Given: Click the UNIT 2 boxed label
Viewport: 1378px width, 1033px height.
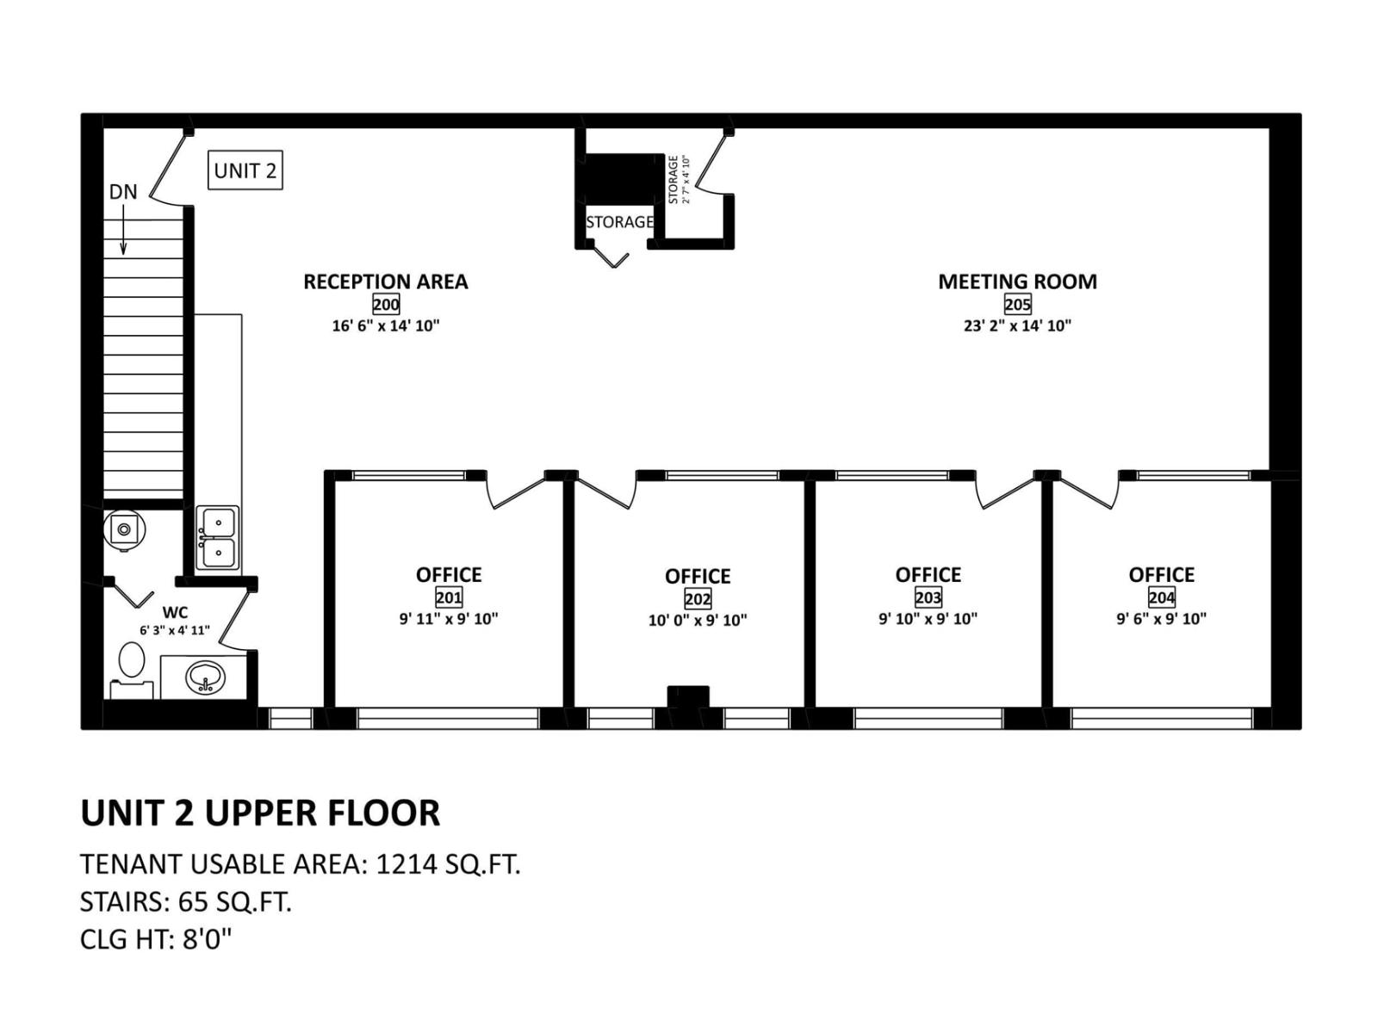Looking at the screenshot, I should pos(245,170).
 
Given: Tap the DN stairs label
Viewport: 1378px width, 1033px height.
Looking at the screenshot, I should pos(123,192).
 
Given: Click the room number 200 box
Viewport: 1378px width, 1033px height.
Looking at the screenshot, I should pos(386,304).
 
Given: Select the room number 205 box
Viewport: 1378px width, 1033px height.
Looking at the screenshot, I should pos(1017,304).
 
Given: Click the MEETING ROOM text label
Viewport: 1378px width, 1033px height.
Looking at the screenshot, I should pos(1017,281).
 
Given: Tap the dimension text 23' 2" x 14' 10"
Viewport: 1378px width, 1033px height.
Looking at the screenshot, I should pos(1017,325).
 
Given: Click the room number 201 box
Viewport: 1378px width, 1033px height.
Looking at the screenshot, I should pos(449,597).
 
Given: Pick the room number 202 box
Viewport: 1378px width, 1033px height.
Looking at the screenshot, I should pos(698,598).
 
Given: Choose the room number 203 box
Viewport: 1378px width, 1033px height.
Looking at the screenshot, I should pos(928,597).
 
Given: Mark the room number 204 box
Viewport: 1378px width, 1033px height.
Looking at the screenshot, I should pos(1161,597).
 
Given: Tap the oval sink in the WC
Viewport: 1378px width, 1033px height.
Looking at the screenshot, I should pos(205,677).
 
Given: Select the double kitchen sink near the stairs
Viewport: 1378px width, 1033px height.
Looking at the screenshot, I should pos(218,538).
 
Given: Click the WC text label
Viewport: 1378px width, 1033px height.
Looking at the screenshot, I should pos(175,613).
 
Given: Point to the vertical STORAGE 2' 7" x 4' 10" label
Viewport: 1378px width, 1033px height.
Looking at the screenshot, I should pos(679,180).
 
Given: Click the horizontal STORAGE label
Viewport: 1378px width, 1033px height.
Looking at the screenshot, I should pos(619,222).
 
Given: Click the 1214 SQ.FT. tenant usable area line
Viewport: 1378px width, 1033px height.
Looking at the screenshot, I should pos(300,863).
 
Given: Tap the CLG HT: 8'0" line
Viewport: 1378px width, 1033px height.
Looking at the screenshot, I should pos(156,938).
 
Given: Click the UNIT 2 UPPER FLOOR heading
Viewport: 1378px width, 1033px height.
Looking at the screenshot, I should pos(260,813).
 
